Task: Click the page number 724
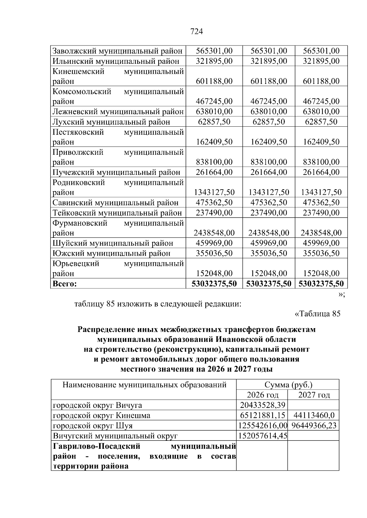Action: point(196,31)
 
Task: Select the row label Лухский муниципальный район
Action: point(111,122)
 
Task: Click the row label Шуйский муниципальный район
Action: point(113,243)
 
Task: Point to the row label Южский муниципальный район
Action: point(112,253)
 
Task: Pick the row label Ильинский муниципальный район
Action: point(116,61)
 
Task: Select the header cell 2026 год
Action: point(262,395)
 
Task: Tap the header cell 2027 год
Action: point(314,395)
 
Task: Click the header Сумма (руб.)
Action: point(288,385)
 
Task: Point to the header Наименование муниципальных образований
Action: point(144,385)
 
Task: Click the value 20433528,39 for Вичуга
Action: point(263,405)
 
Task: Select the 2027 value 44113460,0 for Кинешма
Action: point(314,415)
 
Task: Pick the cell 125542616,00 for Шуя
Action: point(263,426)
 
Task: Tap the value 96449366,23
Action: point(314,426)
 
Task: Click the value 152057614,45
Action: point(263,436)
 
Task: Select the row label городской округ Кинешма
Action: point(102,415)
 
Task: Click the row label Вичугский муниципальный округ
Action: point(115,436)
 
